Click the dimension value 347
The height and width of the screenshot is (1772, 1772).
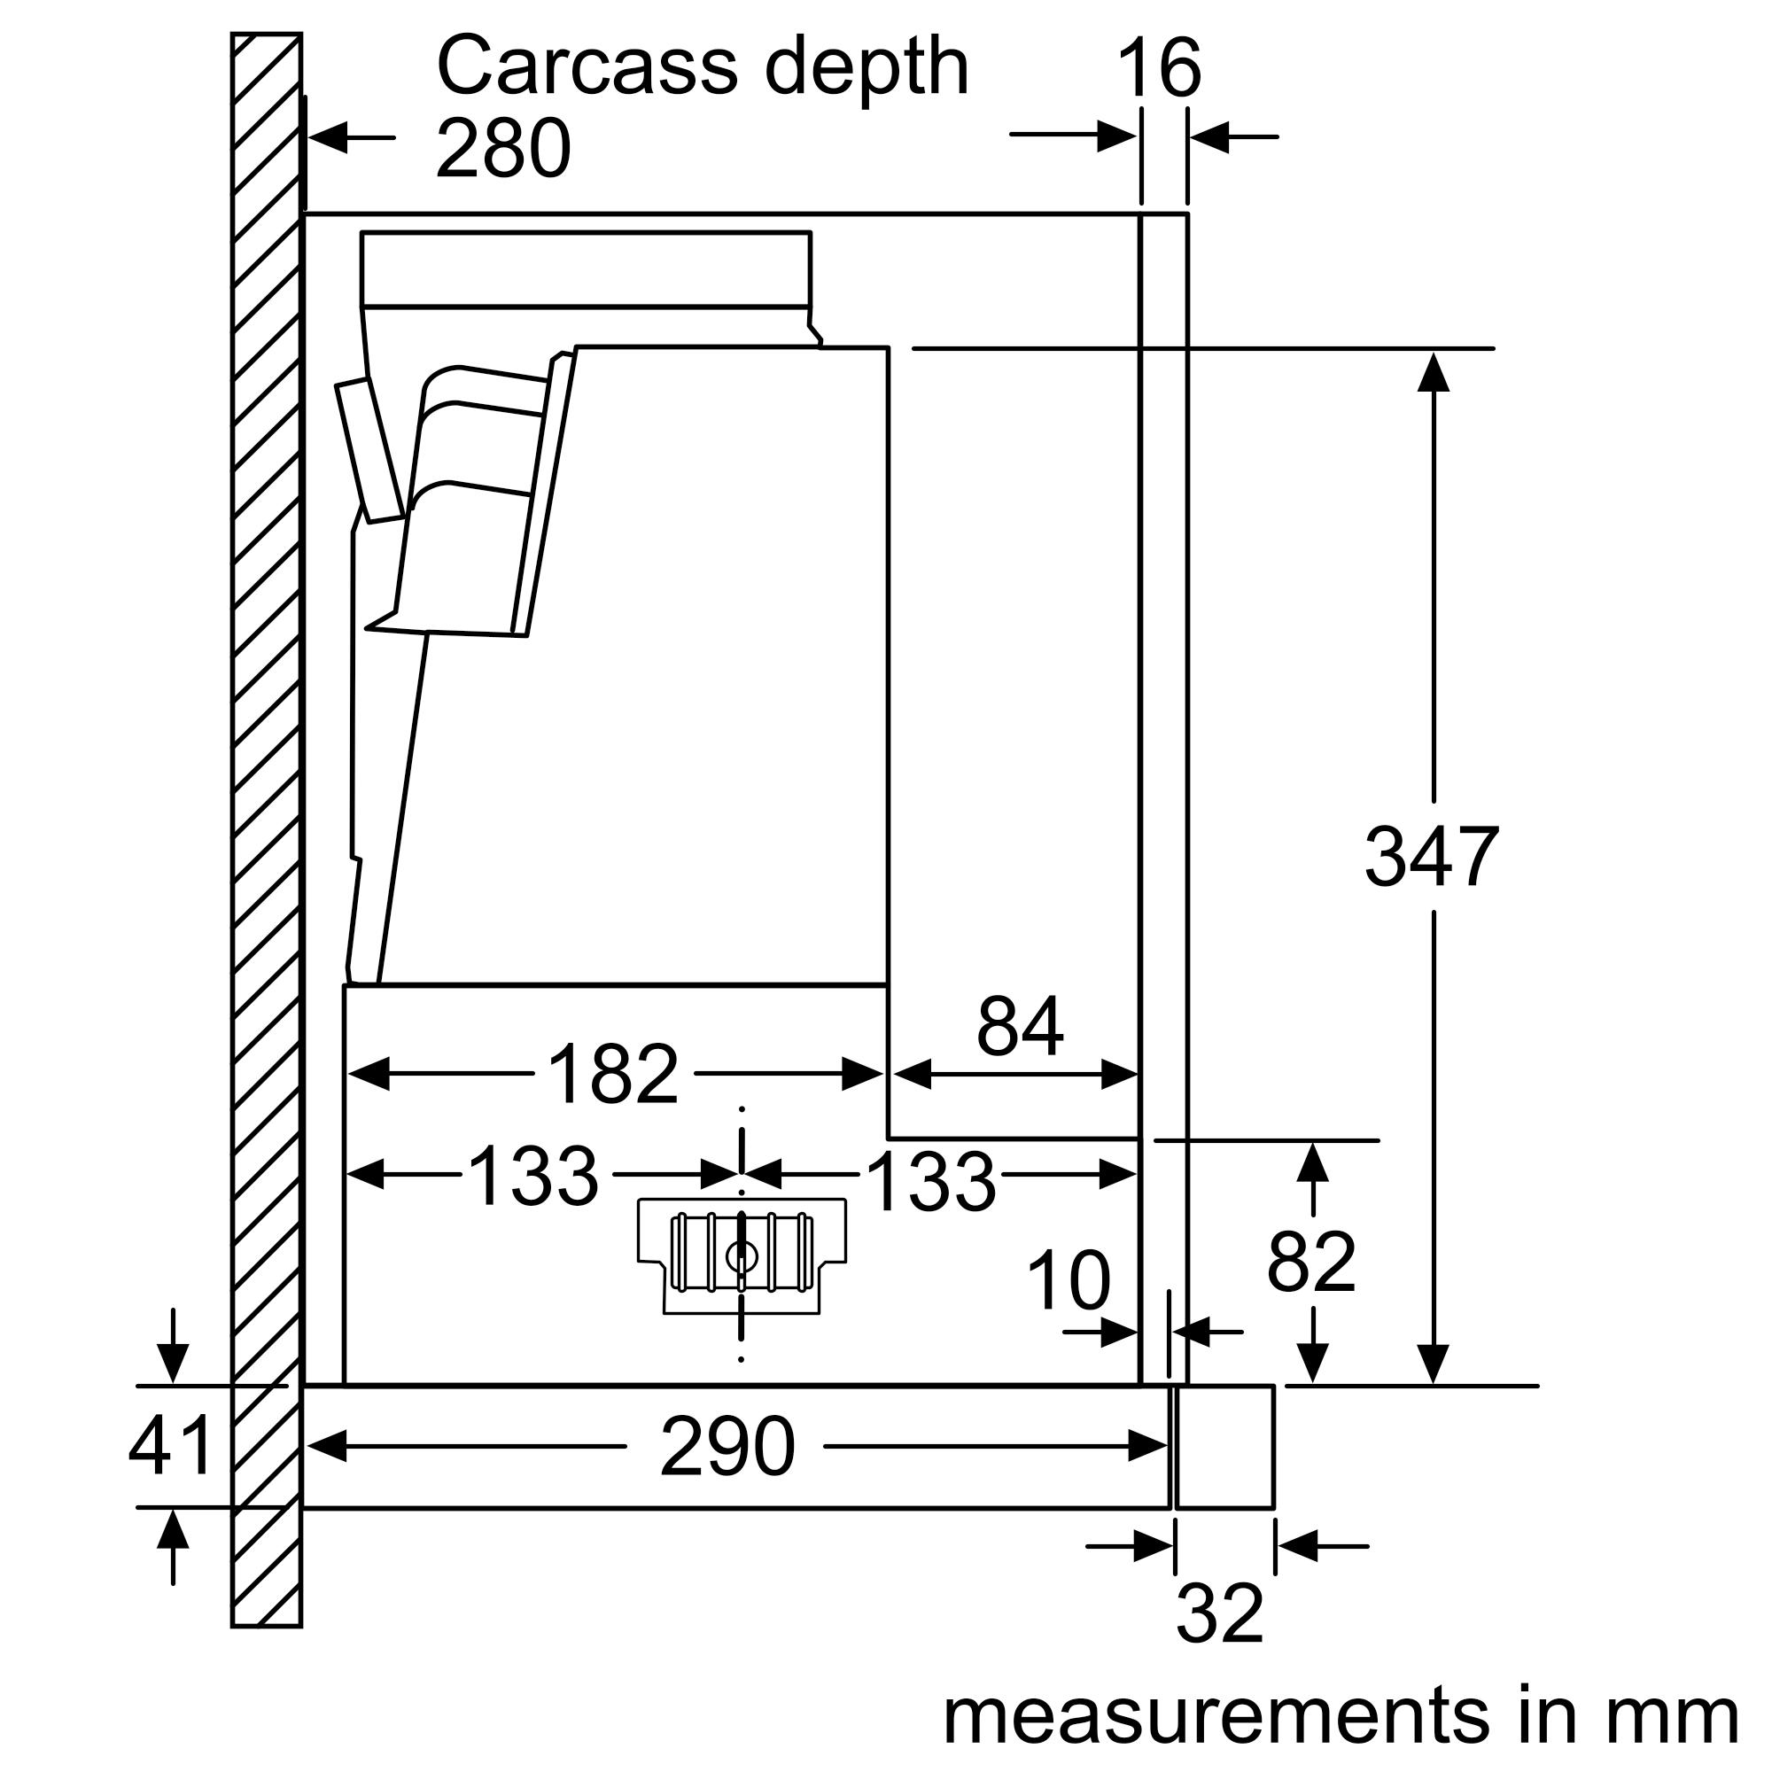tap(1431, 858)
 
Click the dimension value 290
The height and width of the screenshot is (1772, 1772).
tap(727, 1447)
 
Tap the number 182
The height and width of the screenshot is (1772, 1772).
tap(613, 1074)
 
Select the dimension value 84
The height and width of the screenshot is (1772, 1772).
tap(1019, 1026)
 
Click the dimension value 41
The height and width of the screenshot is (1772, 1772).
tap(171, 1447)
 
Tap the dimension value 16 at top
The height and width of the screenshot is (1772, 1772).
tap(1158, 69)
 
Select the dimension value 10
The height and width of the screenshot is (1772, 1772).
tap(1068, 1280)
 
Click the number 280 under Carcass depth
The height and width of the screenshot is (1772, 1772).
tap(502, 149)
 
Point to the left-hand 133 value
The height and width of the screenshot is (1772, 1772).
tap(532, 1177)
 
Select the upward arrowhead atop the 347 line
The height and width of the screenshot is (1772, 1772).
tap(1433, 370)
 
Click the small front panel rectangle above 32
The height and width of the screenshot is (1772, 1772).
tap(1225, 1447)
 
